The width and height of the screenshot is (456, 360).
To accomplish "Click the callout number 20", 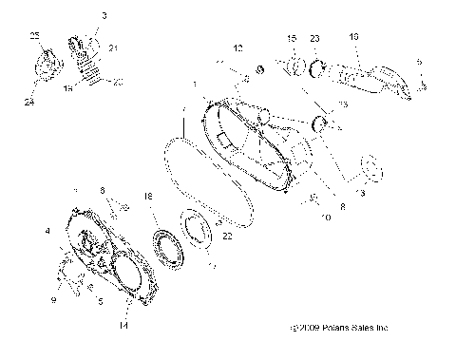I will pyautogui.click(x=117, y=84).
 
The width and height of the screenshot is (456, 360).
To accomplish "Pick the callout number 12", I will pyautogui.click(x=238, y=47).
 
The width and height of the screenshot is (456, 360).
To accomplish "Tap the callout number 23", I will pyautogui.click(x=313, y=38).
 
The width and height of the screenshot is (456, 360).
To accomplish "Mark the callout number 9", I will pyautogui.click(x=53, y=300).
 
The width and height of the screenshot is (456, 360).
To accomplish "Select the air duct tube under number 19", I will pyautogui.click(x=366, y=74).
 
